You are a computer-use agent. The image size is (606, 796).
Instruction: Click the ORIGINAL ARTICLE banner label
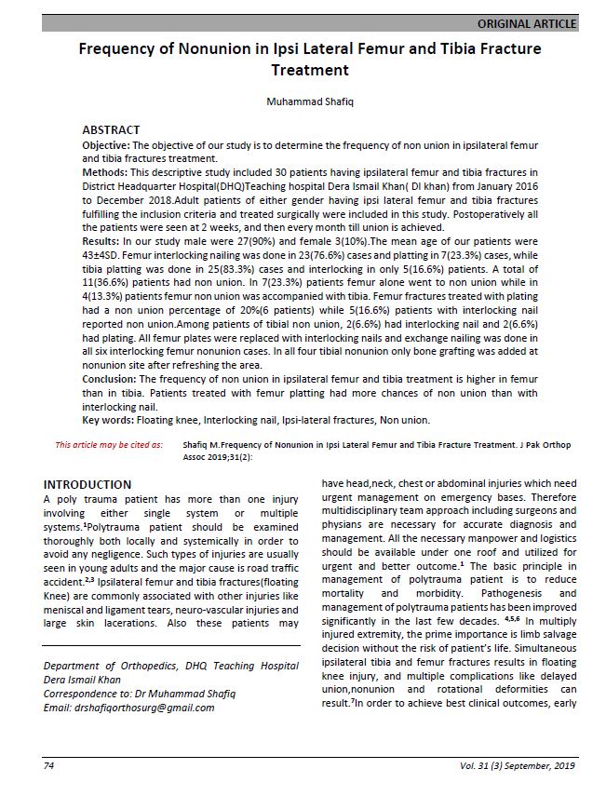pos(526,23)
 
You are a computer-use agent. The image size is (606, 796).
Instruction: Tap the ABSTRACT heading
pos(111,130)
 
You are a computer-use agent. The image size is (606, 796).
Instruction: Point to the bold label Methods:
pos(105,172)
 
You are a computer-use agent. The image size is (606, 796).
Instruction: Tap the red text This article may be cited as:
pos(109,446)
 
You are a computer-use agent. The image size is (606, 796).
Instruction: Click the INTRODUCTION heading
pos(88,485)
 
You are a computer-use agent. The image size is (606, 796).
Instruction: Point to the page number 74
pos(49,766)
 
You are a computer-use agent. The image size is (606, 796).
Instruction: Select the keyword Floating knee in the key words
pos(171,420)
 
